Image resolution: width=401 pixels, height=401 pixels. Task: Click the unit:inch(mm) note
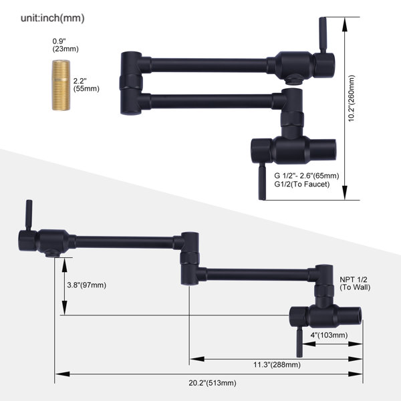tap(52, 19)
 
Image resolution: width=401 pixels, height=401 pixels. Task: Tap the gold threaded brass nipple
tap(61, 85)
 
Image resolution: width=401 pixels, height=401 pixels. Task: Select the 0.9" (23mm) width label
tap(65, 45)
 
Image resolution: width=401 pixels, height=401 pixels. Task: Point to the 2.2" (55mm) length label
tap(86, 85)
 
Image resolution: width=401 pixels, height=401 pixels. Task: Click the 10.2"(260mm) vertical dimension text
tap(352, 98)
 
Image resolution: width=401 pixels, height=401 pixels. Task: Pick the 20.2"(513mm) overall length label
tap(213, 383)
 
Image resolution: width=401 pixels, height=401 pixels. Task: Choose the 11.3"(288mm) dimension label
tap(277, 364)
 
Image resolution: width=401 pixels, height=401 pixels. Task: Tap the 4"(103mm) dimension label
tap(329, 335)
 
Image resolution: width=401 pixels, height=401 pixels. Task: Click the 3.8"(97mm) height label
tap(86, 285)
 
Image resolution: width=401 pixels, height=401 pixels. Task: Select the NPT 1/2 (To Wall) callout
tap(355, 283)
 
